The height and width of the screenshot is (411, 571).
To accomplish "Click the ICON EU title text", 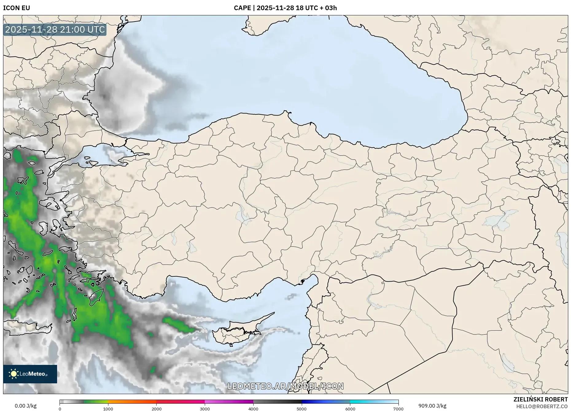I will tap(17, 8).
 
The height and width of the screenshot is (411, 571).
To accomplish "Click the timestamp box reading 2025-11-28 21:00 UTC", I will tap(55, 30).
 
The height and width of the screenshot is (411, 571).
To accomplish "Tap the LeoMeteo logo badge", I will tap(30, 374).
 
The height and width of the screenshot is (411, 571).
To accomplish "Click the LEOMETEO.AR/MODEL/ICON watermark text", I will tap(285, 386).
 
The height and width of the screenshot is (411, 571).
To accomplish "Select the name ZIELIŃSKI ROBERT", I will tap(540, 399).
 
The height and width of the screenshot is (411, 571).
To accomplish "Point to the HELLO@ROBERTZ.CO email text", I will tap(542, 406).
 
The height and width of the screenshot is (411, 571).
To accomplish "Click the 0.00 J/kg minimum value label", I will tap(25, 406).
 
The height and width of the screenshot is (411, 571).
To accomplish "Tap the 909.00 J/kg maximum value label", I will tap(432, 406).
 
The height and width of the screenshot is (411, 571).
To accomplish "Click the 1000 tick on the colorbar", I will tap(108, 409).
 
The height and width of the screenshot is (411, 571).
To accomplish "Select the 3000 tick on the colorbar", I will tap(205, 409).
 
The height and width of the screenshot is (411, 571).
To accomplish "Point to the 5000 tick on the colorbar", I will tap(301, 409).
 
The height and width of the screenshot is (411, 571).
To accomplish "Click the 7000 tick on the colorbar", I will tap(398, 409).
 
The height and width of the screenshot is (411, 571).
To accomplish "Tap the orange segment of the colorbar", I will tap(132, 402).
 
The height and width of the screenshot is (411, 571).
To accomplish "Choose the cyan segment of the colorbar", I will tap(368, 402).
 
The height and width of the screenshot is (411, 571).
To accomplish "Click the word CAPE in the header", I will tap(242, 8).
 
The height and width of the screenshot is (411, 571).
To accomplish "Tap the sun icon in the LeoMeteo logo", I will tap(14, 374).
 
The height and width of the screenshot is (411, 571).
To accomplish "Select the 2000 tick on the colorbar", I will tap(157, 409).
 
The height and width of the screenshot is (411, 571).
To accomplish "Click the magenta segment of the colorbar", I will tap(229, 402).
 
